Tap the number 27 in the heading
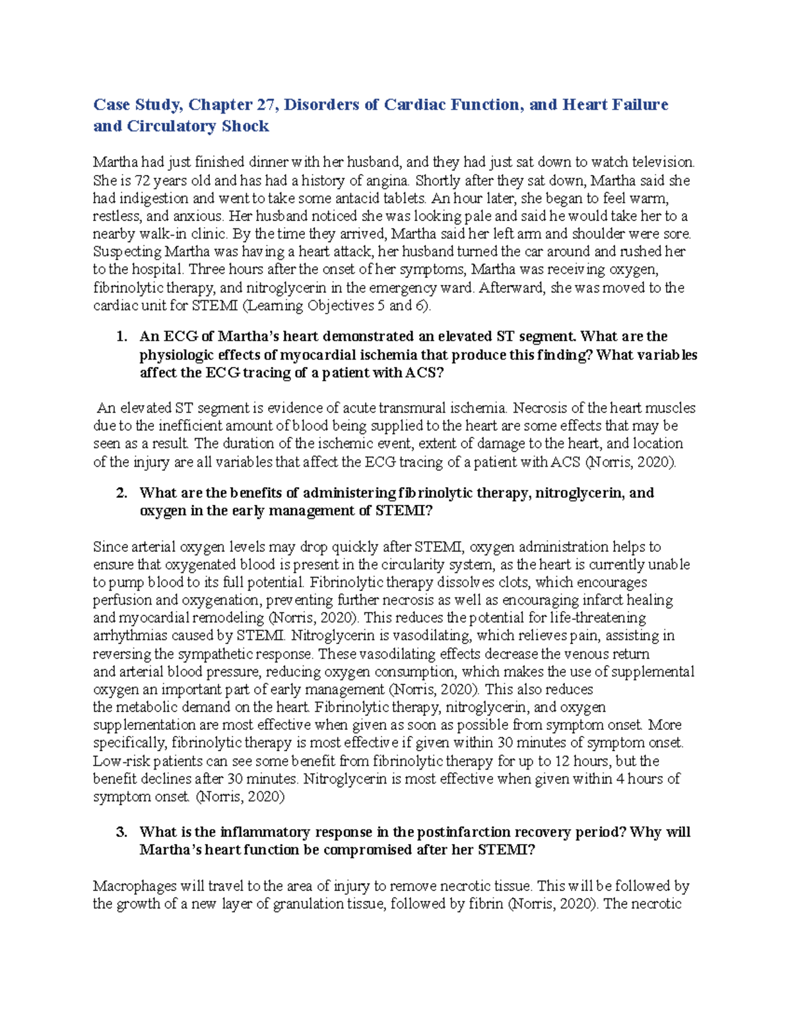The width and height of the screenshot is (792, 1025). (268, 105)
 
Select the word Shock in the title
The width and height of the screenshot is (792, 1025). (246, 127)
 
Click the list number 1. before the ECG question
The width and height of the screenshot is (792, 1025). (121, 337)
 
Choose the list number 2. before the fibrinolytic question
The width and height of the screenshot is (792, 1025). (121, 493)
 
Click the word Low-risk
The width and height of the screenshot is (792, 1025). (121, 761)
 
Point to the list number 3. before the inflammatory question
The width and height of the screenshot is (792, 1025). (121, 832)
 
